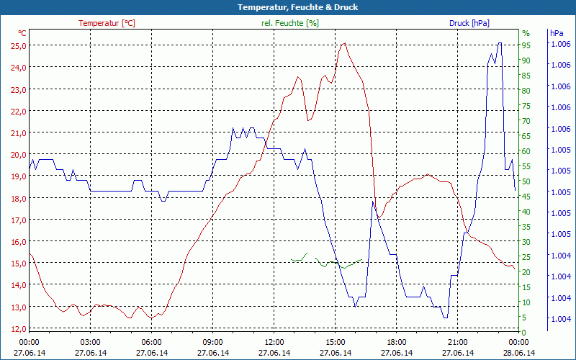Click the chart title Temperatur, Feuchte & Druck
288,7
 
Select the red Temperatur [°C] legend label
107,23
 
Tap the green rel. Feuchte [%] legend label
289,23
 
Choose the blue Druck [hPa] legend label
469,23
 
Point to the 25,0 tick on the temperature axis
17,45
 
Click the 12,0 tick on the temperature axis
17,329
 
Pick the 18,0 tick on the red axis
17,198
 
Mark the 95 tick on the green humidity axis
526,45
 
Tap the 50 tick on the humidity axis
526,181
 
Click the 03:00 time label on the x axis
90,342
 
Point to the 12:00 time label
274,342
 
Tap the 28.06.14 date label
519,353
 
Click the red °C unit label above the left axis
22,33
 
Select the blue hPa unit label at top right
557,33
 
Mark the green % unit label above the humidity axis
526,33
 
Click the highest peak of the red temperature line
344,43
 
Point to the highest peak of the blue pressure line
499,43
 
